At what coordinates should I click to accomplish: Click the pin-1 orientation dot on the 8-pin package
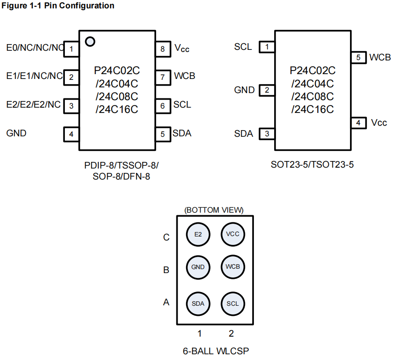90,41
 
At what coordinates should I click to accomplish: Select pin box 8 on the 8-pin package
162,49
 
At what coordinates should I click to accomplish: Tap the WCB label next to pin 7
184,76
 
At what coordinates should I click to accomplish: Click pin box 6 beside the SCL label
162,105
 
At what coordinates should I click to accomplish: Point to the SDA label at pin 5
182,133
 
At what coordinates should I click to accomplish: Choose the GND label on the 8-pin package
16,133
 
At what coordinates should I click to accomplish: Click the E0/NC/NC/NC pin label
35,47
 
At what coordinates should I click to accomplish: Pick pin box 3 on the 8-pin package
71,106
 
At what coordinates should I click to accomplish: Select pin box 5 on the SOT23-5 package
358,57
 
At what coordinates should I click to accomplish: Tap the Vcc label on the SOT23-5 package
379,123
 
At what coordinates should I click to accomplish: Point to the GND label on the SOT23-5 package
244,90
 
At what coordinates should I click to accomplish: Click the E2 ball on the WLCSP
198,234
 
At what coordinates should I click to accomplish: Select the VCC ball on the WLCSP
232,234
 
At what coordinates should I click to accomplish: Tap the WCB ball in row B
232,267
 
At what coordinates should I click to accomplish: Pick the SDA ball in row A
198,304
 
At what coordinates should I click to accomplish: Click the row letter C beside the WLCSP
166,237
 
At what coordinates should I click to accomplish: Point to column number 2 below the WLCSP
231,333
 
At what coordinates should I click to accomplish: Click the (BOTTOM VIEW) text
214,210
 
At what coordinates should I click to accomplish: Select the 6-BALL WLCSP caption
216,351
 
